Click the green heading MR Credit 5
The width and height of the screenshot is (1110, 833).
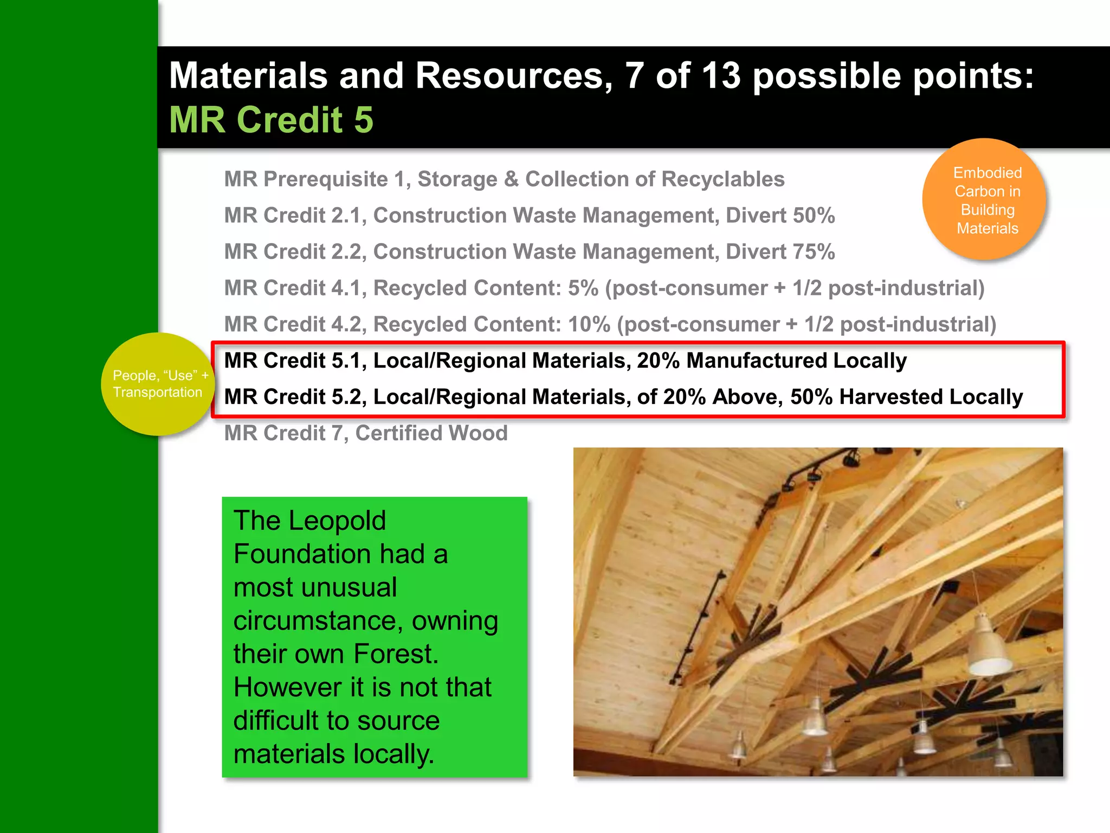point(271,120)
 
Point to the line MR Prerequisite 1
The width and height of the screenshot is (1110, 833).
point(504,180)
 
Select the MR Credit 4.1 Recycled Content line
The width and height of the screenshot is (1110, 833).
point(604,289)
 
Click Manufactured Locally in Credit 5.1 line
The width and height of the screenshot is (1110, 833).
point(796,361)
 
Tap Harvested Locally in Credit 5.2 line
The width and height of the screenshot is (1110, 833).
point(931,398)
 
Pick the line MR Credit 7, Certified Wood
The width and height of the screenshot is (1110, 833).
point(366,433)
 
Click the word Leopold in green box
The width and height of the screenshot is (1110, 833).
point(337,521)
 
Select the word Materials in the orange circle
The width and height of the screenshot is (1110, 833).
point(987,228)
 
